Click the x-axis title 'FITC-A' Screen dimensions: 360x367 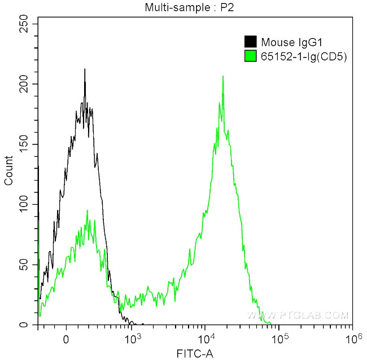tap(194, 353)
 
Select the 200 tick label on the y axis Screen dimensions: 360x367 tap(23, 84)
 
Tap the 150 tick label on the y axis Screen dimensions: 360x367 tap(23, 144)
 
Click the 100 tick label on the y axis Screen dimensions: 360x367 tap(23, 205)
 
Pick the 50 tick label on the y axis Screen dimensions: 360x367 tap(25, 265)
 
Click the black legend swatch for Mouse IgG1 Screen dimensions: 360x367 tap(250, 41)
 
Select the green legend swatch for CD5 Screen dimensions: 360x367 tap(250, 55)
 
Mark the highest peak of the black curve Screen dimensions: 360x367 tap(85, 70)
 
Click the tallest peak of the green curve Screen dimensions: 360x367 tap(223, 77)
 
